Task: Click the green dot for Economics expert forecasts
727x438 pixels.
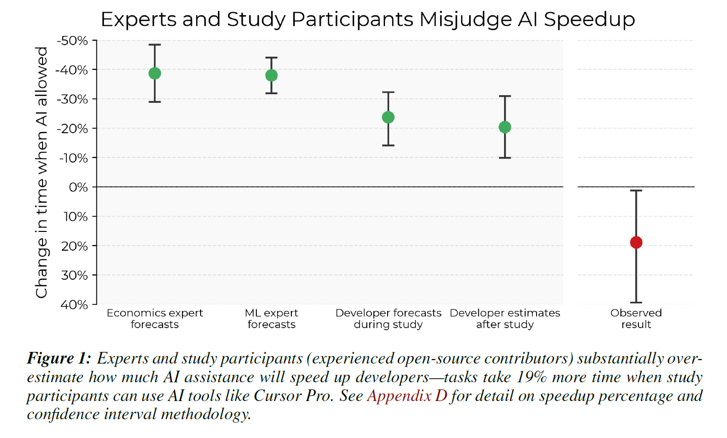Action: pos(155,73)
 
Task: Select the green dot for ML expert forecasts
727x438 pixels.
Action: pos(272,75)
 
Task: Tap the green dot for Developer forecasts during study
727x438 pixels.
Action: pos(388,117)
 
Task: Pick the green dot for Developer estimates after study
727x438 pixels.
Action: pos(505,127)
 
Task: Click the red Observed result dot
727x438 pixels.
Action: pos(636,243)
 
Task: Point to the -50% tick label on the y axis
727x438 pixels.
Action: pos(72,41)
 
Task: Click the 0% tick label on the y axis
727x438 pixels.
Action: pos(78,187)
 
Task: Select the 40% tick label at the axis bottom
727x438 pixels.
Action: pos(74,305)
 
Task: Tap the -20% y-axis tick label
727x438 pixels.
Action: pos(72,129)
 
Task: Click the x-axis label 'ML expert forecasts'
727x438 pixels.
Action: pos(272,318)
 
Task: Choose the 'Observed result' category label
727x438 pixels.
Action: pos(636,318)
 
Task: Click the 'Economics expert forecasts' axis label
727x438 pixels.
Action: pos(155,318)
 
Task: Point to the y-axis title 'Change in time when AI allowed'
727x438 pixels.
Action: pos(42,172)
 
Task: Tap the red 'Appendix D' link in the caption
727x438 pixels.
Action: pos(407,395)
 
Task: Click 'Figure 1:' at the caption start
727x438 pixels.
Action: pos(59,359)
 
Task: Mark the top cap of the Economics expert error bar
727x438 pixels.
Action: pos(155,45)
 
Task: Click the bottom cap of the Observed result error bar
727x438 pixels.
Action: pos(636,302)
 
